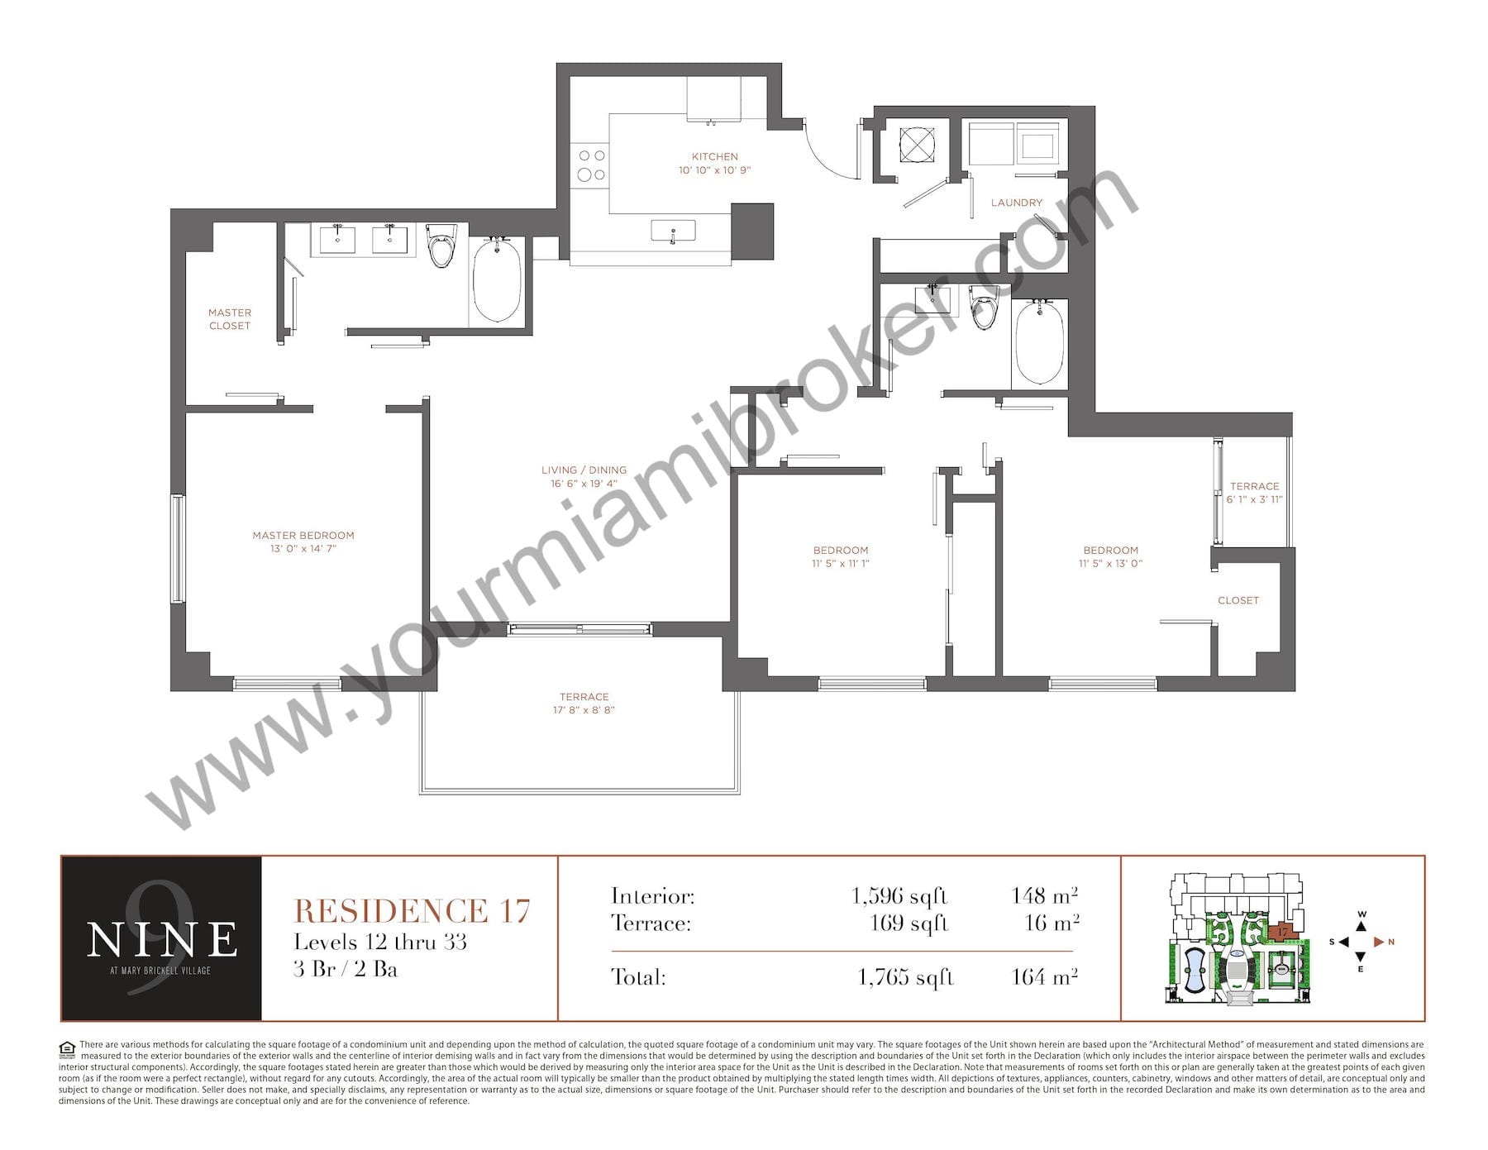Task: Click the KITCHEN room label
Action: tap(715, 156)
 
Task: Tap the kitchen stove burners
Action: tap(591, 165)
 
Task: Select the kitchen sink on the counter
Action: tap(673, 231)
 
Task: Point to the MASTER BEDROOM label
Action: tap(303, 535)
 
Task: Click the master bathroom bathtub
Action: tap(497, 280)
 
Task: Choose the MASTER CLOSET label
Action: tap(230, 319)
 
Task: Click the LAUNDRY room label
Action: tap(1017, 203)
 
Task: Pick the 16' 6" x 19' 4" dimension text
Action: tap(584, 484)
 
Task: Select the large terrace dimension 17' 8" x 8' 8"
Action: tap(584, 710)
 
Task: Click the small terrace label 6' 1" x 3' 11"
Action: tap(1255, 499)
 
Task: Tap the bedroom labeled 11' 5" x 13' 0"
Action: tap(1111, 556)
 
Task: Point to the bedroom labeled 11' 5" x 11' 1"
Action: tap(841, 556)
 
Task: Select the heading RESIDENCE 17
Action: tap(412, 911)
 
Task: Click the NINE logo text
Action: tap(162, 939)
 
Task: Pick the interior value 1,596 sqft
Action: tap(899, 896)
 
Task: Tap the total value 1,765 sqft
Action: tap(906, 977)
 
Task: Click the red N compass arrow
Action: tap(1379, 942)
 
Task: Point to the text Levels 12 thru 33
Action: tap(380, 942)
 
